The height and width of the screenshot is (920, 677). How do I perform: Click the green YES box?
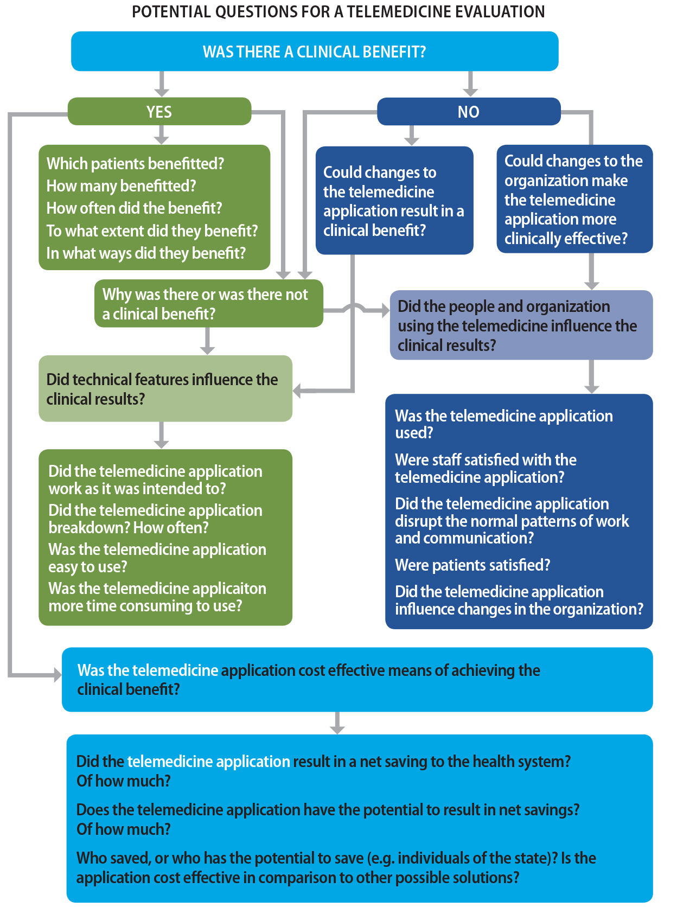(x=159, y=112)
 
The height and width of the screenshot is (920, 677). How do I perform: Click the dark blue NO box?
(x=468, y=112)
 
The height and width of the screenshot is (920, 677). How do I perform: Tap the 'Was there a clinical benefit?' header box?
(x=315, y=52)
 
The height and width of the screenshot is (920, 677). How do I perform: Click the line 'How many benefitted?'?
(x=121, y=186)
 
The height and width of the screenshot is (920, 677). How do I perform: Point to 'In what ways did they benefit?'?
(x=146, y=253)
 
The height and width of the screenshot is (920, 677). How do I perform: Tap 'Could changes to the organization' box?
(x=574, y=199)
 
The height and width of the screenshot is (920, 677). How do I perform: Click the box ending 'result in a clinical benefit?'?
(x=394, y=201)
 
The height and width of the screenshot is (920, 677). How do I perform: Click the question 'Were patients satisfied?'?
(x=472, y=565)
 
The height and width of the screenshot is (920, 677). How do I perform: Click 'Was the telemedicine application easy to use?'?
(x=157, y=558)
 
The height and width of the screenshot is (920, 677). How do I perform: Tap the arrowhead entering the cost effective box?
(x=57, y=675)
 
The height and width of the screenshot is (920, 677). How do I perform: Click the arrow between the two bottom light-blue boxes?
(x=337, y=724)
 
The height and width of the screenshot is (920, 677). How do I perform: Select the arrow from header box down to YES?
(x=162, y=86)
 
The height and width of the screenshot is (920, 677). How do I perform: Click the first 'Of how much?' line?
(x=123, y=781)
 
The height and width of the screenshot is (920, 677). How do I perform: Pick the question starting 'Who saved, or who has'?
(x=336, y=867)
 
